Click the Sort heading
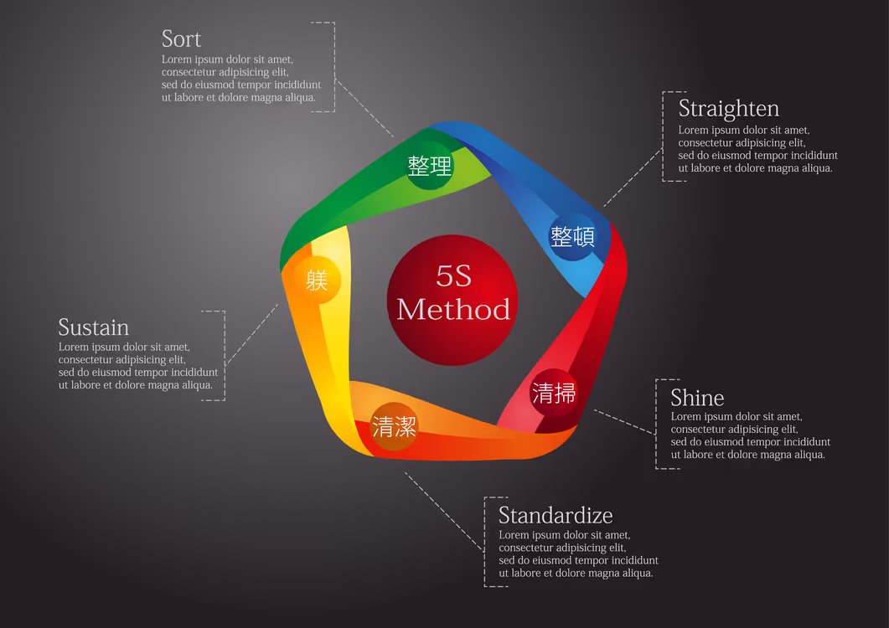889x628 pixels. tap(181, 39)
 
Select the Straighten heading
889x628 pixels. tap(729, 109)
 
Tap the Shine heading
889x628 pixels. tap(697, 398)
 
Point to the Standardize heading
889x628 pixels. tap(556, 516)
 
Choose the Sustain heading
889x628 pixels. tap(94, 327)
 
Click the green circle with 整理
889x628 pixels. tap(430, 166)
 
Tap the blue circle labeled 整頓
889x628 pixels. tap(572, 236)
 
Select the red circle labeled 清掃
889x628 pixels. tap(554, 393)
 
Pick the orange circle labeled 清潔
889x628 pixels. tap(394, 427)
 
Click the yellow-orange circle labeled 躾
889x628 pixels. tap(317, 280)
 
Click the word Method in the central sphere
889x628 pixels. tap(453, 310)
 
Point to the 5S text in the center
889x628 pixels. tap(453, 276)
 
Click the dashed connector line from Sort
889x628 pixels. tap(364, 108)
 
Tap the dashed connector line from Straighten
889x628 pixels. tap(633, 178)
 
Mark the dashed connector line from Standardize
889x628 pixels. tap(444, 512)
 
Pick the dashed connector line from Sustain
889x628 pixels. tap(251, 335)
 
